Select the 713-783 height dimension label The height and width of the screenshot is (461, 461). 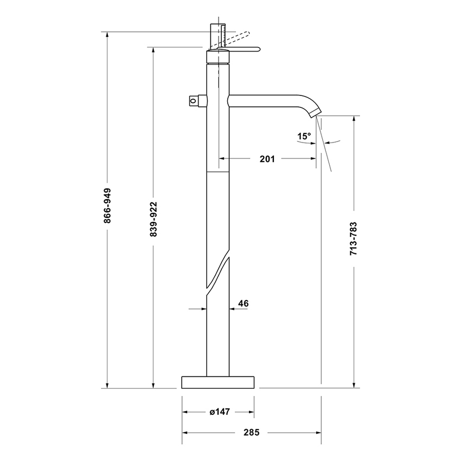[354, 238]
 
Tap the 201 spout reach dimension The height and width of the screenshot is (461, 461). [267, 159]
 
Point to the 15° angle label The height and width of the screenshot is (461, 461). [304, 136]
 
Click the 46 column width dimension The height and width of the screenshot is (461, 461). [243, 304]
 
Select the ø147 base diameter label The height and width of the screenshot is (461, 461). [220, 412]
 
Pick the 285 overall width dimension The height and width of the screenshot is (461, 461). [252, 432]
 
